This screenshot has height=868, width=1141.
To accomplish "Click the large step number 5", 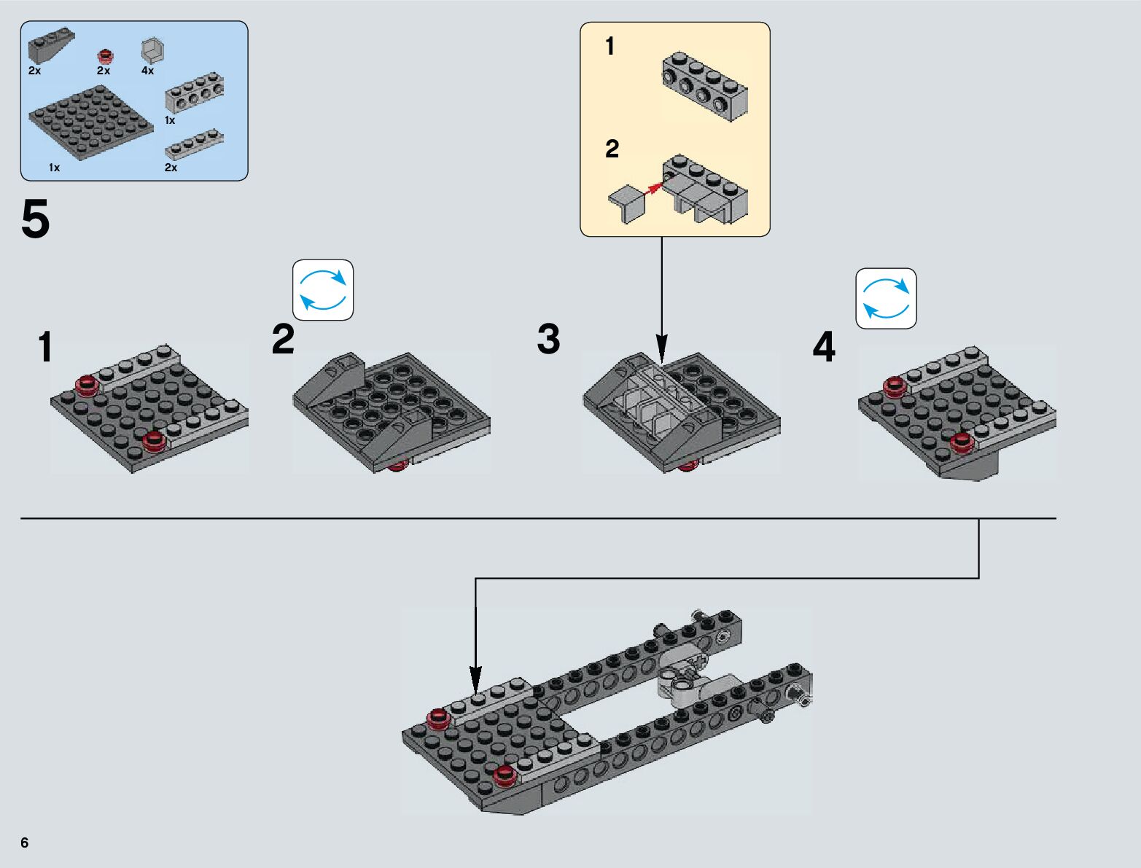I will point(35,220).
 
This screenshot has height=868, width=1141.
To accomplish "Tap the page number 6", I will point(25,842).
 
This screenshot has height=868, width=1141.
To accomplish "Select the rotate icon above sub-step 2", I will point(323,290).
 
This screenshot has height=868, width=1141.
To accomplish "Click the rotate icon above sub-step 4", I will point(886,299).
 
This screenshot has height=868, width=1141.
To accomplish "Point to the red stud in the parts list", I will point(106,56).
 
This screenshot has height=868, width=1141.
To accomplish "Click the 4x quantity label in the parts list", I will point(148,71).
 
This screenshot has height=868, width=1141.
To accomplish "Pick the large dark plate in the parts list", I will point(90,122).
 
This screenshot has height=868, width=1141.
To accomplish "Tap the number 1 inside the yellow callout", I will point(610,47).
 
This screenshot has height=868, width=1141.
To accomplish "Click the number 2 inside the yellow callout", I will point(612,149).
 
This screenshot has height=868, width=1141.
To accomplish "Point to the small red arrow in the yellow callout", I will point(654,187).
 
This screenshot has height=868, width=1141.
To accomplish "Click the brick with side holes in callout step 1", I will point(705,87).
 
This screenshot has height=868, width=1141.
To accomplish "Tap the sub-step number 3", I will point(548,340).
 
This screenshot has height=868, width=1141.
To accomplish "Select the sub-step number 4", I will point(824,347).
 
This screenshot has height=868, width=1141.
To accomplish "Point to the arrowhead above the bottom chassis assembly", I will point(475,676).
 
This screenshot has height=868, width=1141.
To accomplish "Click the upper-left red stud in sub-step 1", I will point(87,383).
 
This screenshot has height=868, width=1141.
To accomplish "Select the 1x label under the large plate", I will point(54,168).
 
